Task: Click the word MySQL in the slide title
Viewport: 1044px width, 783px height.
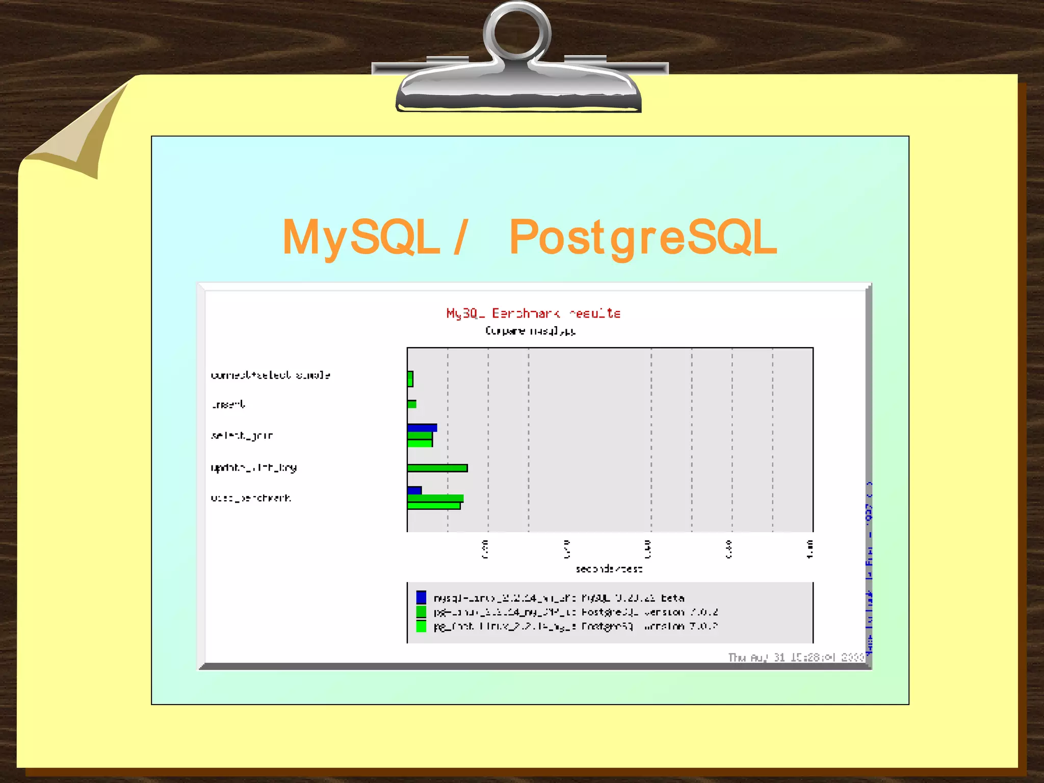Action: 361,237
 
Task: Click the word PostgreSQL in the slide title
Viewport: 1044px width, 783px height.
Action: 643,237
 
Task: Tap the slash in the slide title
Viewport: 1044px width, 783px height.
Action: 461,237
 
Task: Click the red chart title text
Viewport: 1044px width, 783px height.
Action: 533,313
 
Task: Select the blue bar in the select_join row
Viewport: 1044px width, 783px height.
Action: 422,427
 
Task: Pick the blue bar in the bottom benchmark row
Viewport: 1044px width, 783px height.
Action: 414,490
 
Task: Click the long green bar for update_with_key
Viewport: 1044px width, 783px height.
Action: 437,468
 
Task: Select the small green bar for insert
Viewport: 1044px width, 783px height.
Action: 412,404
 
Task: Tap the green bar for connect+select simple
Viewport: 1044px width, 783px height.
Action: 410,379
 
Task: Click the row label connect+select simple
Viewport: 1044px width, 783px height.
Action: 271,375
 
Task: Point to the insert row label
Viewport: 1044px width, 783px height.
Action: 228,405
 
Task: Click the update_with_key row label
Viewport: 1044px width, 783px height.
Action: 254,467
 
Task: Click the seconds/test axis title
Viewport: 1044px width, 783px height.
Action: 609,569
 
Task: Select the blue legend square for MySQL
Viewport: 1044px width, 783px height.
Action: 421,597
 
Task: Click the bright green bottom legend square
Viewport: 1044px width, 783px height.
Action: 421,626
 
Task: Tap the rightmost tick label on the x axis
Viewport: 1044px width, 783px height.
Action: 810,549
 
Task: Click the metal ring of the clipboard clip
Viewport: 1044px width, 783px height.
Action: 517,32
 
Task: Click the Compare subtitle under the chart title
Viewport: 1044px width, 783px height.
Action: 531,331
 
